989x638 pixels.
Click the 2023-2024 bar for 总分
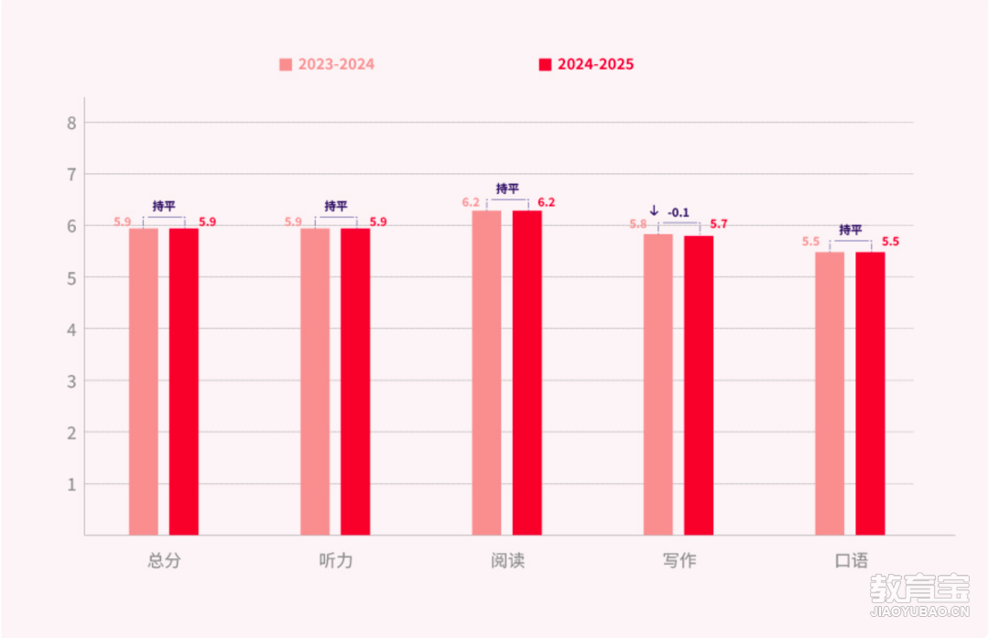coord(143,381)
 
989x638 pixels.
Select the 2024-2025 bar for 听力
coord(355,381)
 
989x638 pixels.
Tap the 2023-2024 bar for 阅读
coord(486,373)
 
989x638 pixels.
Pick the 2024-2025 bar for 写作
coord(699,385)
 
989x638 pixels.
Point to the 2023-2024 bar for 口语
coord(830,394)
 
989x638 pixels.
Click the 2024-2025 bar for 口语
coord(870,394)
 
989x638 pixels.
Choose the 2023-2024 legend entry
coord(327,65)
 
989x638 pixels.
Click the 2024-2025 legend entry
coord(586,65)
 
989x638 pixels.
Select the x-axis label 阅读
coord(507,561)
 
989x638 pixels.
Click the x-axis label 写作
coord(679,561)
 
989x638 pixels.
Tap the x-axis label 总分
coord(164,561)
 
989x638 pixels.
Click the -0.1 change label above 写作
coord(679,212)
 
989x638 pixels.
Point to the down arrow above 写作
coord(654,211)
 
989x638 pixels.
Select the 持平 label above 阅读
coord(507,189)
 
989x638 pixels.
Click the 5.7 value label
coord(719,224)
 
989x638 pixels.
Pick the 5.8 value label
coord(637,224)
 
